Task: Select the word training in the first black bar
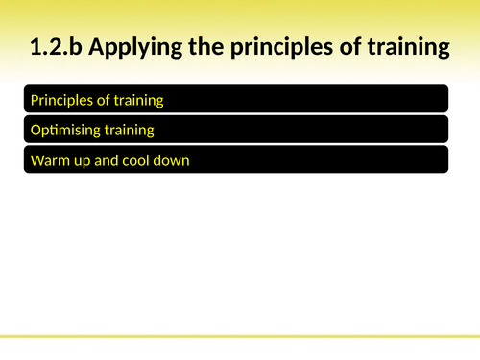click(x=140, y=100)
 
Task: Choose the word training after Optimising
click(x=131, y=131)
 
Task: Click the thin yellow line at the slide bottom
click(x=240, y=337)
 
